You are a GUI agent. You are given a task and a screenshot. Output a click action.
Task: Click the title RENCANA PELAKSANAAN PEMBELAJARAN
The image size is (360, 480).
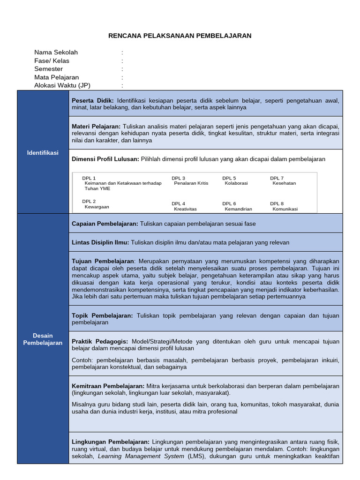click(180, 36)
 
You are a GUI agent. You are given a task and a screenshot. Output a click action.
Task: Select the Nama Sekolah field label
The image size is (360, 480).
click(56, 52)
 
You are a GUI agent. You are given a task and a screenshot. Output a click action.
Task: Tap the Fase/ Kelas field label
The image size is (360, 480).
click(52, 61)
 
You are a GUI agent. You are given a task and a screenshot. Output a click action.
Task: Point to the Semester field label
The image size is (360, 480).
click(48, 69)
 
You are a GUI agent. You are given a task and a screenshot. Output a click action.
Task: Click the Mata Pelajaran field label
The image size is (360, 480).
click(56, 77)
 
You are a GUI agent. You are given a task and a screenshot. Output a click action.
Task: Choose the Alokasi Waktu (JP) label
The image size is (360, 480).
click(62, 85)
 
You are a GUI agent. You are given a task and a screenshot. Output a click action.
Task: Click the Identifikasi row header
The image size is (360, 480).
click(43, 153)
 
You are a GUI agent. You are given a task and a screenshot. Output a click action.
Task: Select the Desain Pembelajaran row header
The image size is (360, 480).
click(43, 339)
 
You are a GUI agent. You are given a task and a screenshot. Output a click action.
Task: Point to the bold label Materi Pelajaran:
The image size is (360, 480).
click(96, 127)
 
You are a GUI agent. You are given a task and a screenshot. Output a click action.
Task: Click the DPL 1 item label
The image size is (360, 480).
click(89, 178)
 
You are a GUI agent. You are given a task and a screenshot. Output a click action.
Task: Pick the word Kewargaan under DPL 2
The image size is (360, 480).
click(97, 207)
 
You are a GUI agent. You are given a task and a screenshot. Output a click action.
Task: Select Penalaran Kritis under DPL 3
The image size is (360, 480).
click(191, 183)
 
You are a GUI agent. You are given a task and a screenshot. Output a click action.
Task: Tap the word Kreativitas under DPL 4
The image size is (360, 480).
click(185, 209)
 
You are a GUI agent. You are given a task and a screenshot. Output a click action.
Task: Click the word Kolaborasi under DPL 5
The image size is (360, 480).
click(236, 183)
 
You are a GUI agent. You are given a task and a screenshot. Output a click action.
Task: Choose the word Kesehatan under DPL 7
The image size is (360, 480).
click(284, 183)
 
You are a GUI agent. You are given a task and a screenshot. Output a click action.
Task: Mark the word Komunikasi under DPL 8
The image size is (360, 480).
click(285, 209)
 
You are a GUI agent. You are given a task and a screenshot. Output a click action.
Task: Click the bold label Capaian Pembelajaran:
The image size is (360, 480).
click(105, 224)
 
